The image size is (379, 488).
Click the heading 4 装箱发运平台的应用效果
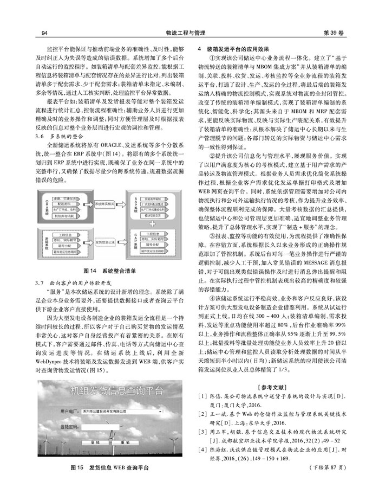(x=236, y=49)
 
